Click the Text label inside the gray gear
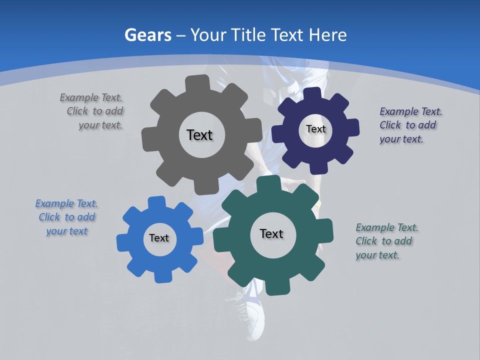coord(199,135)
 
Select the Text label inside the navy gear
coord(315,129)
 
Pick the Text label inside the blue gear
coord(159,238)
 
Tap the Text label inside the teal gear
coord(271,233)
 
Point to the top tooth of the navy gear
coord(312,94)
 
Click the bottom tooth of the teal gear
coord(274,286)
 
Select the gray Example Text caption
coord(91,111)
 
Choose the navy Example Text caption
coord(410,125)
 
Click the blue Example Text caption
coord(66,217)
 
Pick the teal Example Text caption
coord(386,241)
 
